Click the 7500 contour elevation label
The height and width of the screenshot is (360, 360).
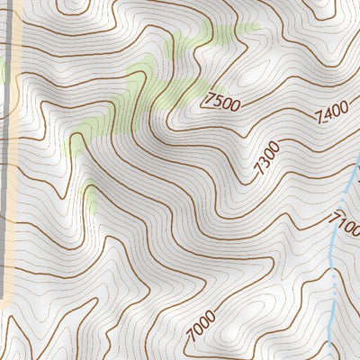click(x=222, y=102)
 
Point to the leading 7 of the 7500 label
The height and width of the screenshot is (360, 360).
click(x=209, y=97)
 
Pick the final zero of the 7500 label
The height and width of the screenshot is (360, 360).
click(x=236, y=106)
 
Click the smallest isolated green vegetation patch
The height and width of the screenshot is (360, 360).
click(x=90, y=190)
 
